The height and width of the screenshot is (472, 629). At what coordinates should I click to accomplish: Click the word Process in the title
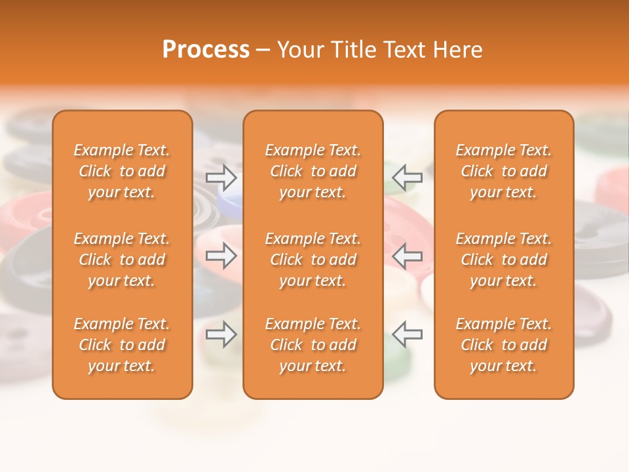coord(206,50)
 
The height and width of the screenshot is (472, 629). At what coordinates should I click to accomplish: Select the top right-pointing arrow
coord(221,177)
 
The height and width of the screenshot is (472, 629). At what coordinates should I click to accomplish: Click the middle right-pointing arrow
coord(221,256)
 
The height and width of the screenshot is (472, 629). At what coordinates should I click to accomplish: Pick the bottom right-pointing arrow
coord(221,334)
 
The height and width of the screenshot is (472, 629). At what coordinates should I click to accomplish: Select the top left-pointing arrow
coord(407,177)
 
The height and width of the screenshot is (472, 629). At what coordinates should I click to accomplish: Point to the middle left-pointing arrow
coord(407,256)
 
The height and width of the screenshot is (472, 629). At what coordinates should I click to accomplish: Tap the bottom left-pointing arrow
coord(407,334)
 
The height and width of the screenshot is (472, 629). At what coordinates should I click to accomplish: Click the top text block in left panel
coord(122,171)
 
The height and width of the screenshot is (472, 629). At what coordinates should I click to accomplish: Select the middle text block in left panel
coord(122,260)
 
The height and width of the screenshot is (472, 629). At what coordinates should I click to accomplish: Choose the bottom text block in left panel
coord(122,345)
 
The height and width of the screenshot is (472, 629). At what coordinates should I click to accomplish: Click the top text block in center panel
coord(313,171)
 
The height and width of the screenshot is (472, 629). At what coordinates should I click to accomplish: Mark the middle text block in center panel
coord(313,260)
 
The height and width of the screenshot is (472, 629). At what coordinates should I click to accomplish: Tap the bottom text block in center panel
coord(313,345)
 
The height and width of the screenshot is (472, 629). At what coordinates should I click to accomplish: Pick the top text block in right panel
coord(503,171)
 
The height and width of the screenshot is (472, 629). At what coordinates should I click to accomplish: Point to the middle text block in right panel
coord(503,260)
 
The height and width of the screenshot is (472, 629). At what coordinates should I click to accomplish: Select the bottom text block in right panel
coord(503,345)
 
